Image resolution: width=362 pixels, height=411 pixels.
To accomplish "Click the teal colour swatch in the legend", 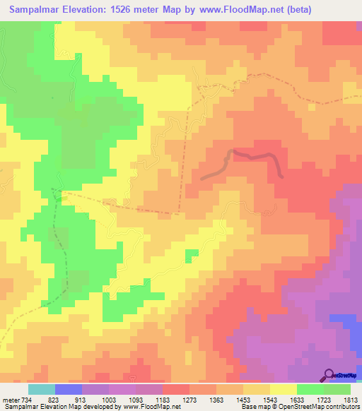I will (42, 389).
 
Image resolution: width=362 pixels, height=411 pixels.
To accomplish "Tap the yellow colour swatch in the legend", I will (284, 389).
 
